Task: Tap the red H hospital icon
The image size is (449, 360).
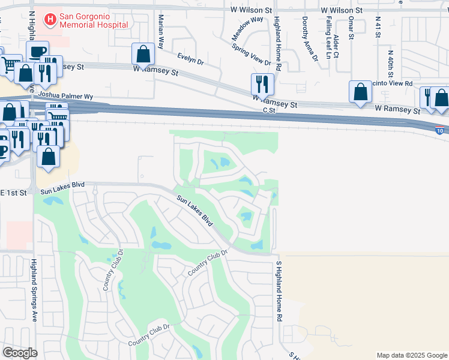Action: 50,20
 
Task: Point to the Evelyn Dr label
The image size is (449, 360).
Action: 191,59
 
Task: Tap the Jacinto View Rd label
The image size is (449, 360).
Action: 393,84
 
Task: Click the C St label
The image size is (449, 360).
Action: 268,110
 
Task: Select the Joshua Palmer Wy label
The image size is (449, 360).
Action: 66,95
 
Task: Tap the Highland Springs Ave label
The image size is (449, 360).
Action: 34,290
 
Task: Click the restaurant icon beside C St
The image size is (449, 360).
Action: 262,83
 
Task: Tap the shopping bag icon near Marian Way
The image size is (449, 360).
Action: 143,54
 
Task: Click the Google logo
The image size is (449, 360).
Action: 20,353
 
